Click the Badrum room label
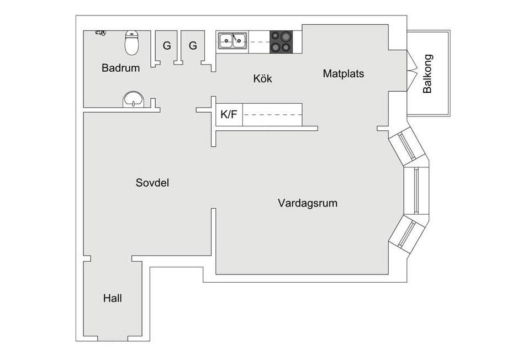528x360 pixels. [x=120, y=68]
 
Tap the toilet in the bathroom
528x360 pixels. [x=131, y=43]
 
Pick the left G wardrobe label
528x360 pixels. [x=166, y=46]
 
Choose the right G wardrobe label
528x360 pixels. [x=193, y=46]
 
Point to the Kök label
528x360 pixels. [x=263, y=79]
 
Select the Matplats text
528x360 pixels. [x=344, y=73]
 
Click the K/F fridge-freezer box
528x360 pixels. [x=229, y=115]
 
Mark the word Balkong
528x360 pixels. [x=427, y=73]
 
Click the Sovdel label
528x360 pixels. [x=152, y=183]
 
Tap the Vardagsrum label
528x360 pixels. [x=308, y=203]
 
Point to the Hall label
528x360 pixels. [x=113, y=299]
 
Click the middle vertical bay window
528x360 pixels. [x=416, y=190]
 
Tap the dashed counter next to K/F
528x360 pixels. [x=272, y=115]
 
